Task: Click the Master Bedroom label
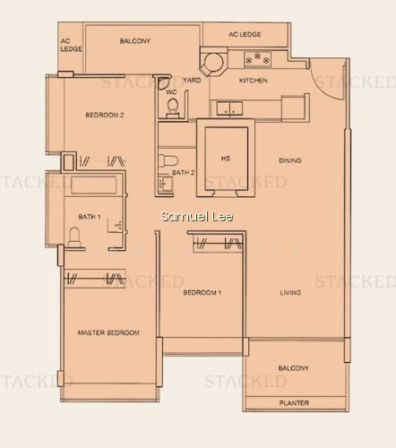tap(108, 332)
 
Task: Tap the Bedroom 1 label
tap(202, 292)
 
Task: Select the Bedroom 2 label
tap(105, 115)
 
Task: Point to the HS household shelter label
tap(226, 159)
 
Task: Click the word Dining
tap(290, 160)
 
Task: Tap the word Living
tap(290, 292)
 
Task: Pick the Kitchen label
tap(254, 81)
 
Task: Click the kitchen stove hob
tap(258, 58)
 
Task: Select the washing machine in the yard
tap(214, 63)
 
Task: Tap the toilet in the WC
tap(172, 107)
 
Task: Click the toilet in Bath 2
tap(168, 161)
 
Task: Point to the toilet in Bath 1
tap(74, 237)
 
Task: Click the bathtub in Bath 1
tap(93, 185)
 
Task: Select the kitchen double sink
tap(229, 108)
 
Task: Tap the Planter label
tap(294, 403)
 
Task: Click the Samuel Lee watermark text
tap(197, 216)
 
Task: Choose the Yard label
tap(192, 80)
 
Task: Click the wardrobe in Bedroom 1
tap(218, 244)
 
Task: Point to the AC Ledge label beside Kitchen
tap(245, 34)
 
